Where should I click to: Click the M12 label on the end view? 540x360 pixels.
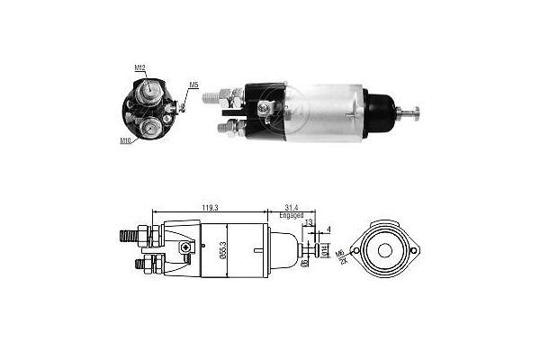(x=140, y=68)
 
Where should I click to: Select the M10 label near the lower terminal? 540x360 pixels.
(x=125, y=140)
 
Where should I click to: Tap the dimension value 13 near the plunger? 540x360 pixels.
(x=309, y=224)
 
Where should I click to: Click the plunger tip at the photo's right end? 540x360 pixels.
(x=417, y=112)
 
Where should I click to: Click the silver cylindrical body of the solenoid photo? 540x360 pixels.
(x=324, y=112)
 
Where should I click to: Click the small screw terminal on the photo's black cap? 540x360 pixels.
(x=264, y=108)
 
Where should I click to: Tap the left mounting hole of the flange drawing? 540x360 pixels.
(x=359, y=249)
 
